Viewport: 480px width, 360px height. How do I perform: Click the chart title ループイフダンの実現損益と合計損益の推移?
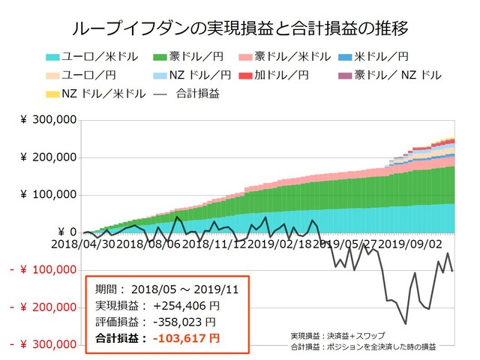point(239,28)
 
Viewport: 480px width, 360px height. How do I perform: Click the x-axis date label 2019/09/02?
point(411,244)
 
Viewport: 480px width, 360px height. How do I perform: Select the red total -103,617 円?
point(186,338)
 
